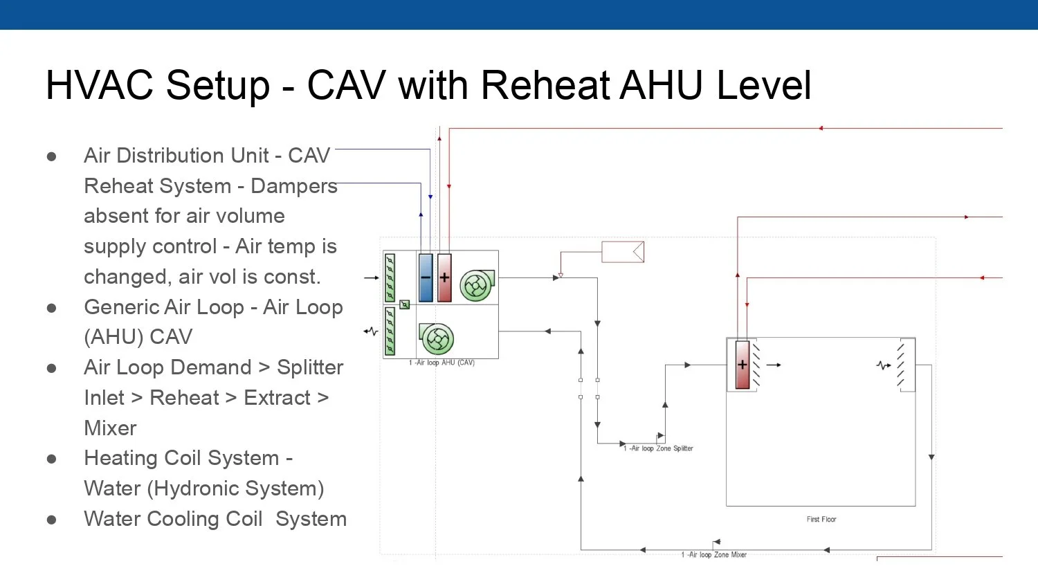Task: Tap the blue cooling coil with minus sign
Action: coord(426,277)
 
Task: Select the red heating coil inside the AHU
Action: coord(444,277)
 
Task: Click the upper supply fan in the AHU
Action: coord(476,285)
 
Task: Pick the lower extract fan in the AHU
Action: coord(437,339)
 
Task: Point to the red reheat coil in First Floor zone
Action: coord(743,365)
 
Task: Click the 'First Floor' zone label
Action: coord(821,519)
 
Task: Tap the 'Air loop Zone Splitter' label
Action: coord(658,448)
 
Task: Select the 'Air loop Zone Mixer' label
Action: coord(714,554)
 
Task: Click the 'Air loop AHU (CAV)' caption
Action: coord(441,363)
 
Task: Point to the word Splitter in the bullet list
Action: coord(310,367)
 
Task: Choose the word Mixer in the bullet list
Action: coord(111,428)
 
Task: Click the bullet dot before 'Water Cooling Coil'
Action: coord(52,520)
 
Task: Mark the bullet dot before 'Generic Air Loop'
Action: coord(52,308)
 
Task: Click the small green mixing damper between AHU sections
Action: coord(405,304)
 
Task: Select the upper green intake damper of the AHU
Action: coord(390,277)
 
